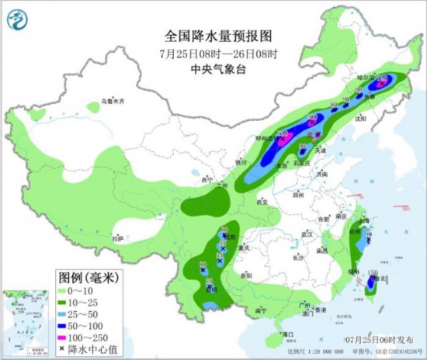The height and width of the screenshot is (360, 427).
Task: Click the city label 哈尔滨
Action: pyautogui.click(x=366, y=79)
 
